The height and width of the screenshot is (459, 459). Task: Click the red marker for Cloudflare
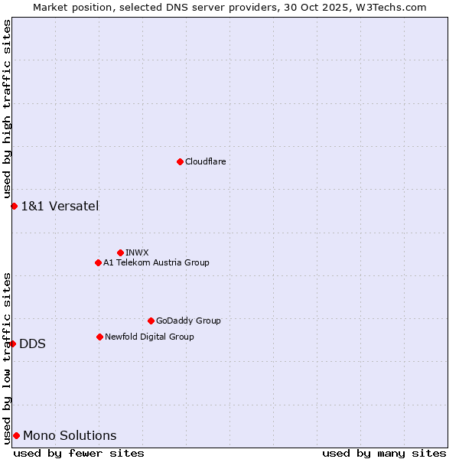pos(180,161)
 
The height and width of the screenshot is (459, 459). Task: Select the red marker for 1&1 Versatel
pos(14,206)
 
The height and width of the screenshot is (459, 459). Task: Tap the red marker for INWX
pos(120,252)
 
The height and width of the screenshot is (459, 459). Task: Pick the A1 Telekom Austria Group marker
pos(98,262)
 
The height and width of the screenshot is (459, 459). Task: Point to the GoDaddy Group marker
pos(151,321)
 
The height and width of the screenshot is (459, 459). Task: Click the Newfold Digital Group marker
pos(99,337)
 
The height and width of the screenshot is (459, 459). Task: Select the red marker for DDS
pos(13,343)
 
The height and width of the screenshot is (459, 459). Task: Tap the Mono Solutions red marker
pos(16,435)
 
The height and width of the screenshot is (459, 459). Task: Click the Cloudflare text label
pos(205,161)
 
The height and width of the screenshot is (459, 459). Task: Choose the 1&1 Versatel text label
pos(60,206)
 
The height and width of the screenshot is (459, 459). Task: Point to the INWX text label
pos(137,252)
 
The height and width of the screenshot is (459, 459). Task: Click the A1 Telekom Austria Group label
pos(156,262)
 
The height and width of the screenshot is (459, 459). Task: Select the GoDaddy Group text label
pos(188,321)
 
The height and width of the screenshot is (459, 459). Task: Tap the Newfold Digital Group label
pos(149,337)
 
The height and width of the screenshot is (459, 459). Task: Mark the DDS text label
pos(32,343)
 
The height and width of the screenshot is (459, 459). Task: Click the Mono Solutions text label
pos(70,435)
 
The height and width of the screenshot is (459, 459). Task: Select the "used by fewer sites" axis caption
pos(79,453)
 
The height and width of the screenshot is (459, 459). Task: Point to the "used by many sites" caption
pos(384,453)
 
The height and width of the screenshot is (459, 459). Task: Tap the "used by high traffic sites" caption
pos(7,109)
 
